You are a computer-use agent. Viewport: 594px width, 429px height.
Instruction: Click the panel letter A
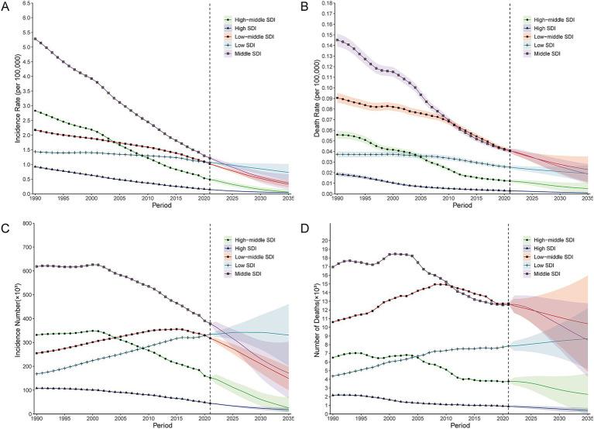click(5, 6)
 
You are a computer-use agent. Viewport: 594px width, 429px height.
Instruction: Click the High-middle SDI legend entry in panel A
click(257, 19)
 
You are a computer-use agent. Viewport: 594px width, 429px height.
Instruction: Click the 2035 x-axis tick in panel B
click(585, 200)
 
